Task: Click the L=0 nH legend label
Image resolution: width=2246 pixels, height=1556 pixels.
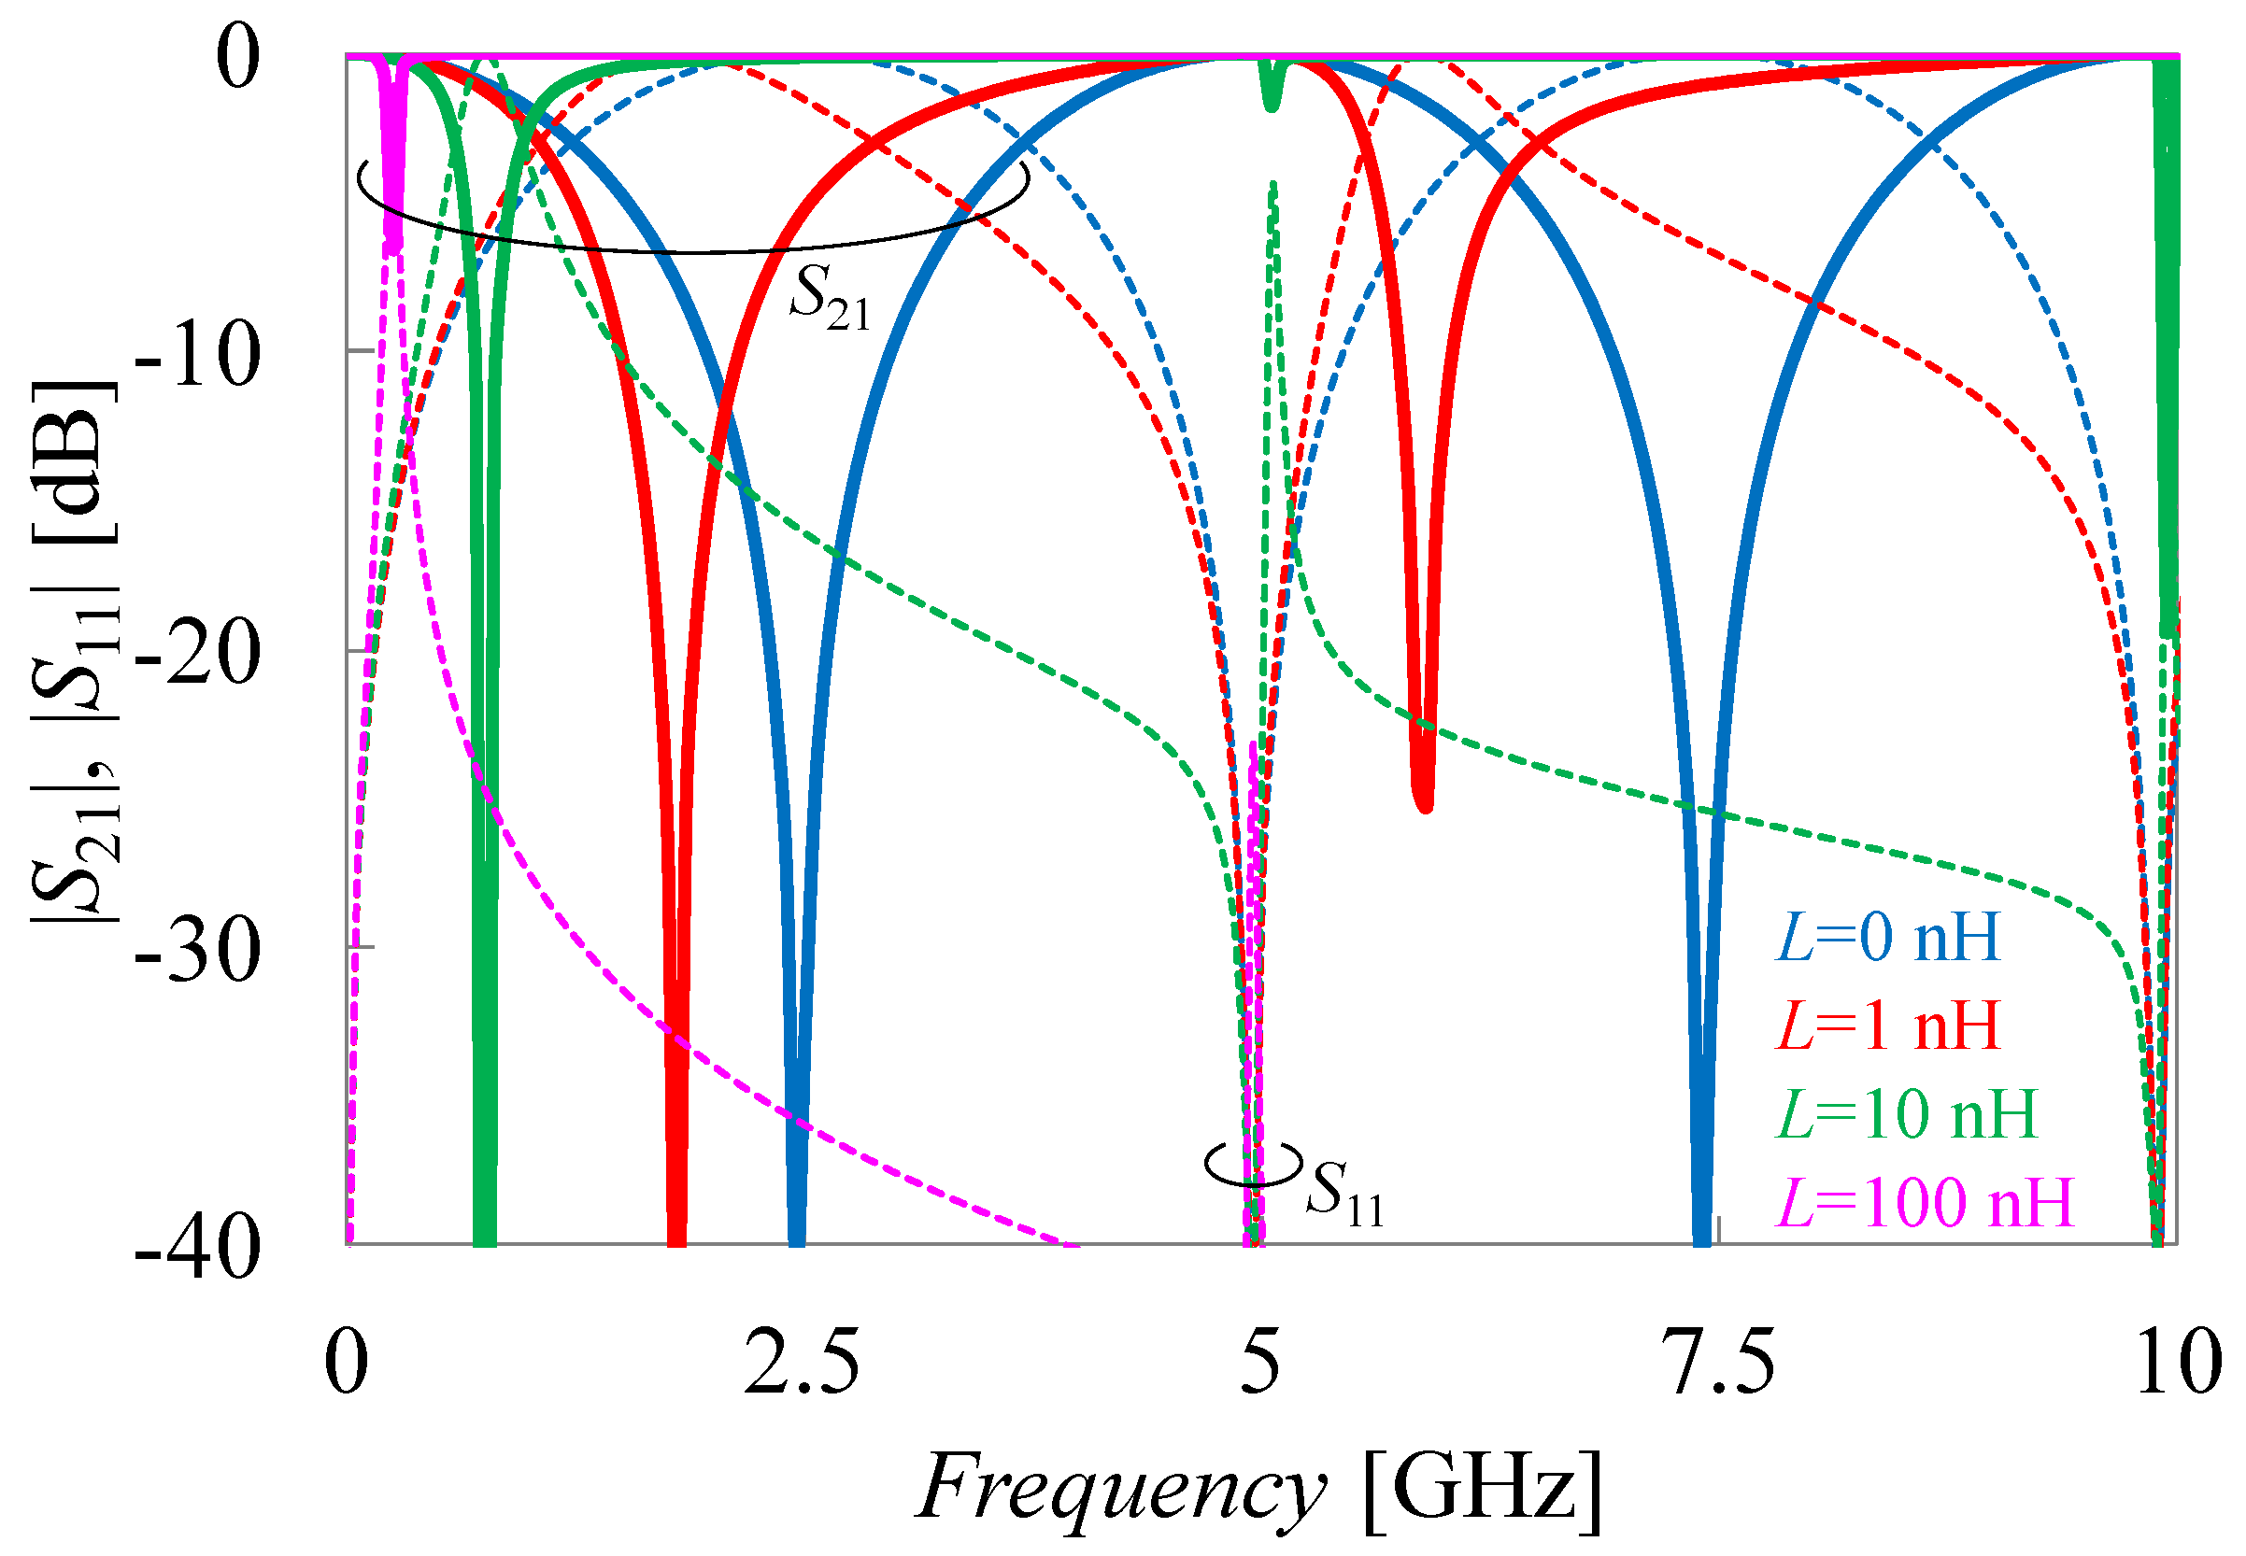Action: point(1887,938)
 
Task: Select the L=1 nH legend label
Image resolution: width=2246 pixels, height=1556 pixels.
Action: point(1887,1026)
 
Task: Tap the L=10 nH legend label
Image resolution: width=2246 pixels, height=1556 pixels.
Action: point(1906,1113)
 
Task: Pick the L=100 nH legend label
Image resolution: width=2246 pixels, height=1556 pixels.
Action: point(1923,1202)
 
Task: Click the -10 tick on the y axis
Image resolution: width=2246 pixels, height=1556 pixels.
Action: point(197,355)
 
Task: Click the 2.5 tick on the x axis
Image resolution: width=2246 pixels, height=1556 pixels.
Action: point(802,1362)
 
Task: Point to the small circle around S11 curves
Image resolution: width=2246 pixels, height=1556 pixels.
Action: point(1253,1163)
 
